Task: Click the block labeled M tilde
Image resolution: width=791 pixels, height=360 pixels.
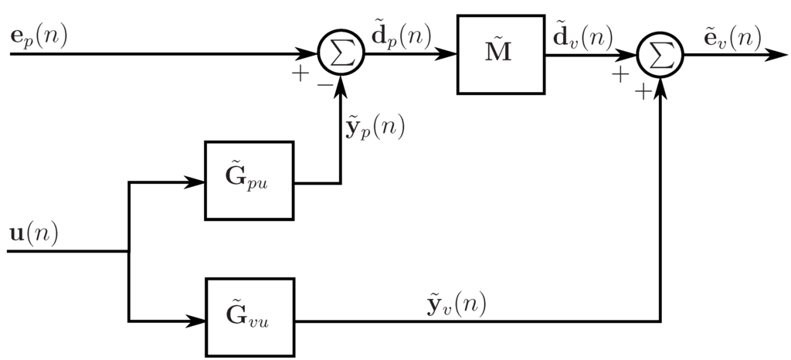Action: (501, 53)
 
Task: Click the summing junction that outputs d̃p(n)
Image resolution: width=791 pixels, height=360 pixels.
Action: (340, 55)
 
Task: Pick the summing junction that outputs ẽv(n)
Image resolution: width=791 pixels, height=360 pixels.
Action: (660, 55)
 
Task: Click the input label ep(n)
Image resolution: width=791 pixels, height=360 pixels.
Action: (39, 37)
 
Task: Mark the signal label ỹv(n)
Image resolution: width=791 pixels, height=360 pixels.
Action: (457, 304)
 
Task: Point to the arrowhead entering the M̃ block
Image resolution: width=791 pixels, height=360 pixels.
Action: (448, 55)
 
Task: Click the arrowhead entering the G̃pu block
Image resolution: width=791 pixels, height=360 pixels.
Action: (197, 183)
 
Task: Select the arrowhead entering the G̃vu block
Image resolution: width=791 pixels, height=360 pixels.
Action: (197, 321)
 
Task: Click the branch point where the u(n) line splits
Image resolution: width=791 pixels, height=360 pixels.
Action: (129, 251)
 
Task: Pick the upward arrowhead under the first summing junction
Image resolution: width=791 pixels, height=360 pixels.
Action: (340, 84)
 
